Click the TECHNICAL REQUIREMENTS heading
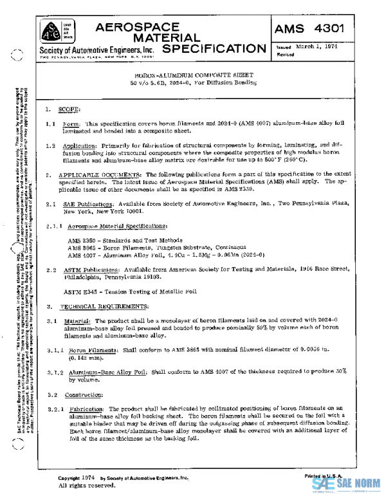pos(106,307)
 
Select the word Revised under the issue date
pos(286,55)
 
